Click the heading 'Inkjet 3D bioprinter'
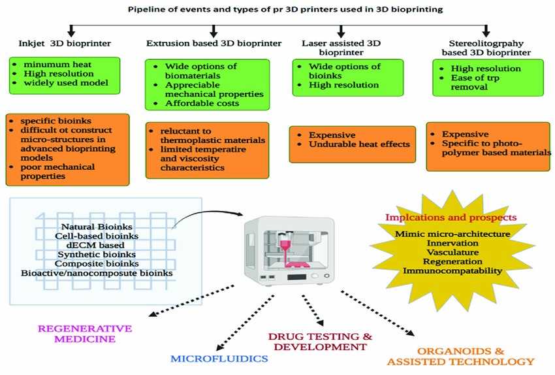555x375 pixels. pos(64,43)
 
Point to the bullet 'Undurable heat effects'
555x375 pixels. pos(353,144)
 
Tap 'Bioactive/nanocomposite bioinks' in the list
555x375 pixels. pos(97,272)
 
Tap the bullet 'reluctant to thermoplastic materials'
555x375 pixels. pos(208,135)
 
